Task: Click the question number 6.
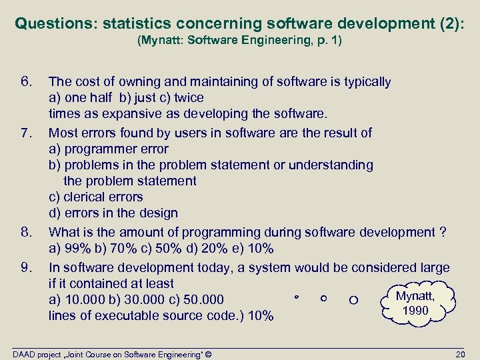26,82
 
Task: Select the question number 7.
26,133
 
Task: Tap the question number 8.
27,232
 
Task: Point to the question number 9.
27,268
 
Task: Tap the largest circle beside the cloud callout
353,301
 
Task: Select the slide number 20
459,353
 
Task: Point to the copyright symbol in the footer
209,353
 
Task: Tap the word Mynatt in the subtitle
161,41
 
